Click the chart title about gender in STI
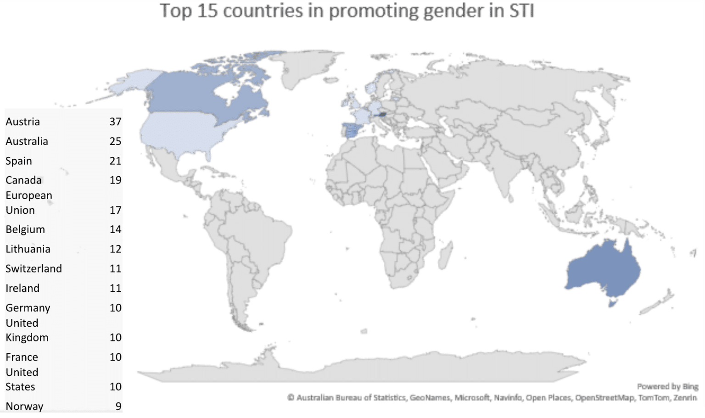pyautogui.click(x=347, y=11)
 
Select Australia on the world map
pyautogui.click(x=604, y=271)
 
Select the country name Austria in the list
pyautogui.click(x=23, y=122)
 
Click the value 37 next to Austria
pyautogui.click(x=115, y=122)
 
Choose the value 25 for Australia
pyautogui.click(x=115, y=141)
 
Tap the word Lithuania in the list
pyautogui.click(x=28, y=249)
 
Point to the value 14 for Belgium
pyautogui.click(x=115, y=229)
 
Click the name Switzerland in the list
pyautogui.click(x=34, y=269)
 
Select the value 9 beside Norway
pyautogui.click(x=118, y=407)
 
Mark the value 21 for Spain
pyautogui.click(x=115, y=161)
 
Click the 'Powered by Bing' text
pyautogui.click(x=667, y=387)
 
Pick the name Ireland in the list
pyautogui.click(x=22, y=289)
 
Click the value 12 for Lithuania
pyautogui.click(x=115, y=249)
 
